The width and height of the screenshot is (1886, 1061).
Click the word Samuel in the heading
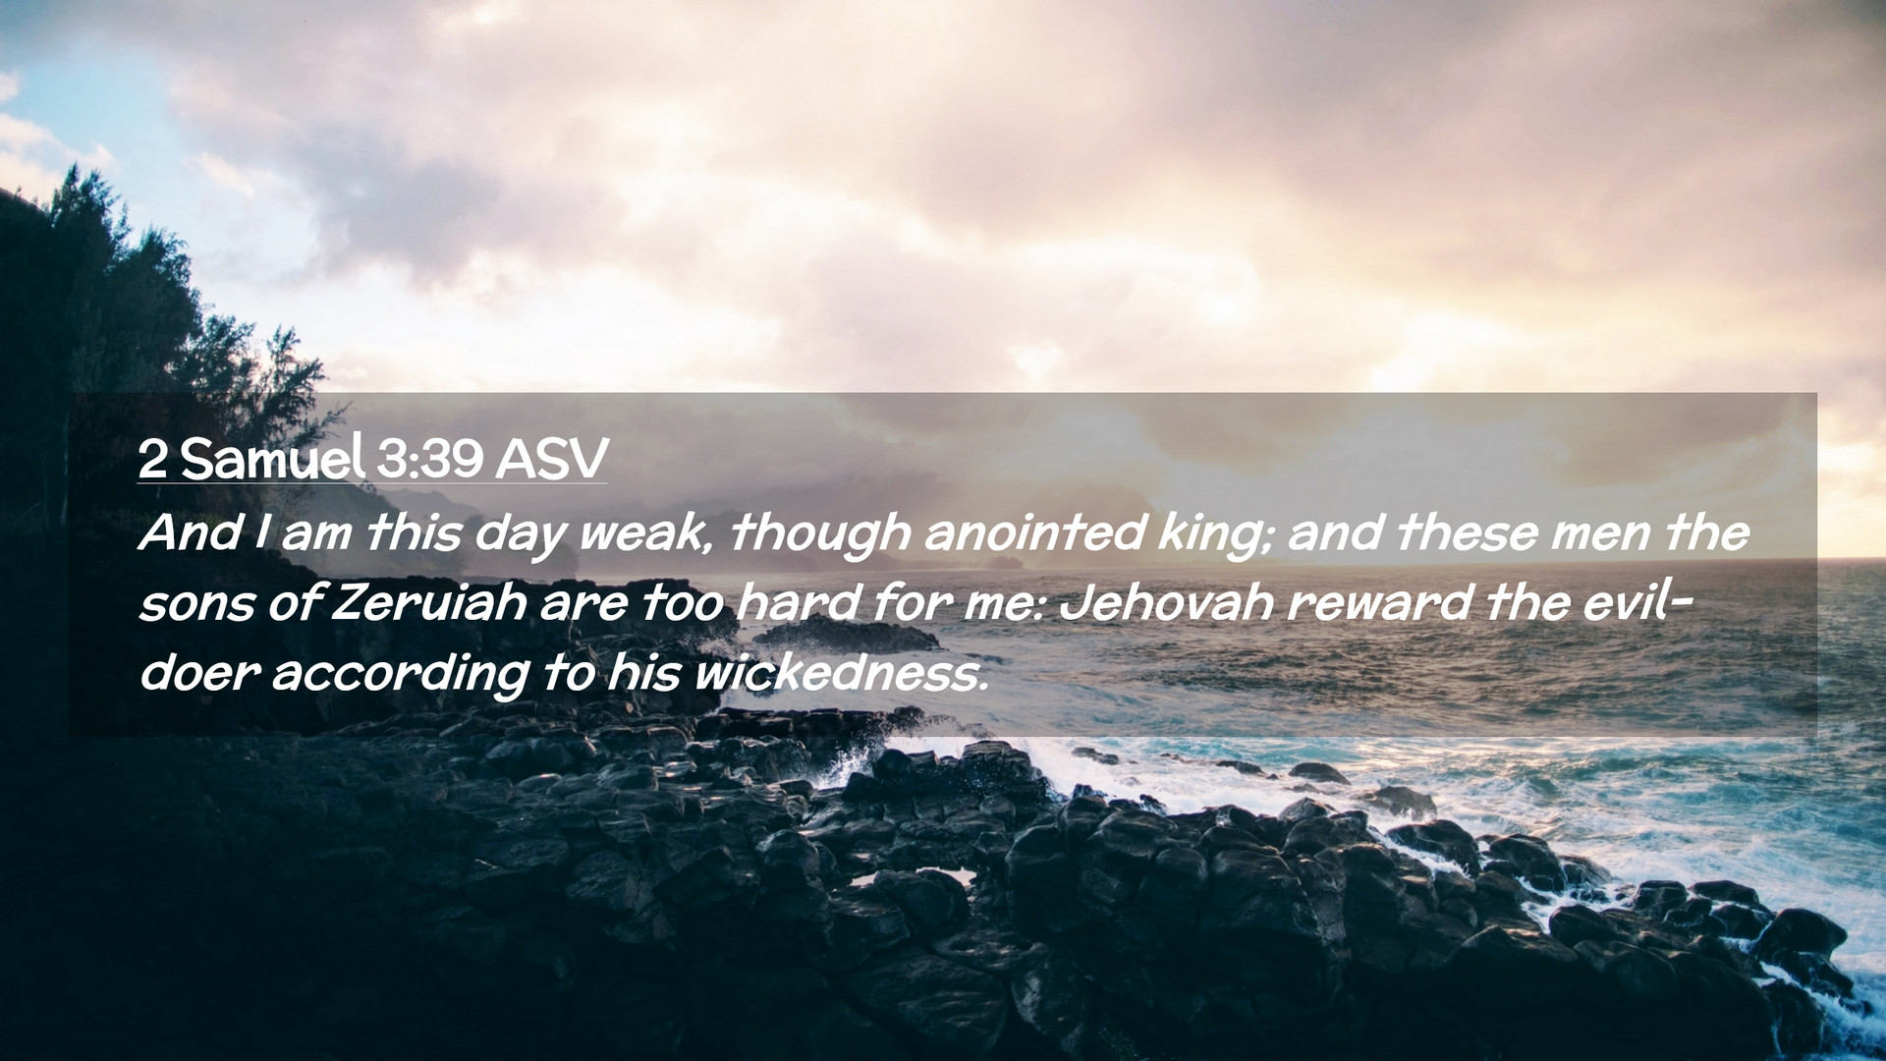(273, 458)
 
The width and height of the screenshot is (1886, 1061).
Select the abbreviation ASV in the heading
(551, 458)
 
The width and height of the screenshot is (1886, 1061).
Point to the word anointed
(1033, 532)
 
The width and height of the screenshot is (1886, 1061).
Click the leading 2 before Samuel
(152, 459)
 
